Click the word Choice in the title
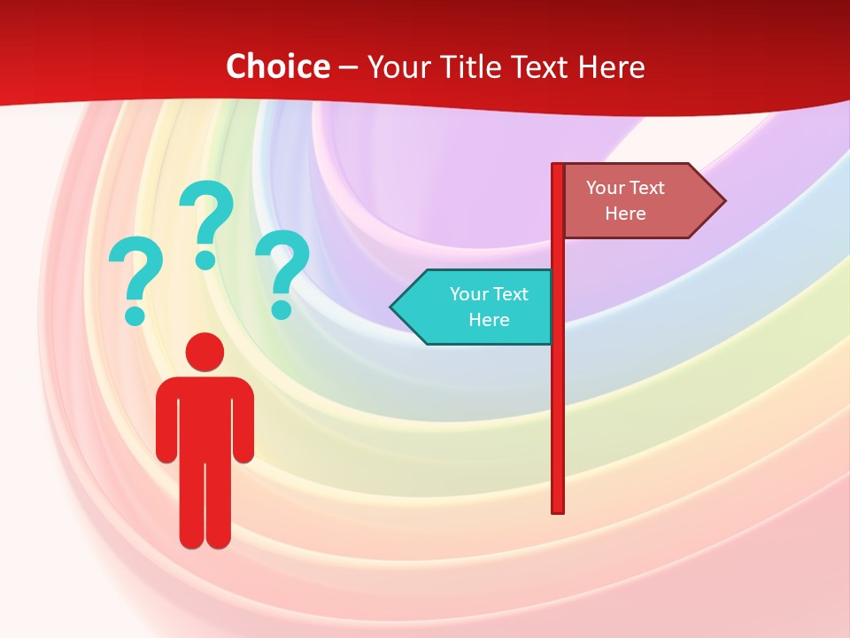(x=277, y=66)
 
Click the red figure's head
(x=205, y=352)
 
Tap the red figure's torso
(x=205, y=416)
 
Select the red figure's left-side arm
(x=166, y=421)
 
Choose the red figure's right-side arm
(x=243, y=421)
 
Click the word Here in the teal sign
(x=489, y=320)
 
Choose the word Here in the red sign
(x=625, y=214)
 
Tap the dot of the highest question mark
(x=205, y=259)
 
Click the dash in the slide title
(x=348, y=67)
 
